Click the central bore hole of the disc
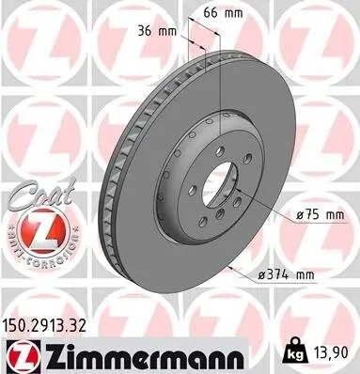[217, 188]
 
